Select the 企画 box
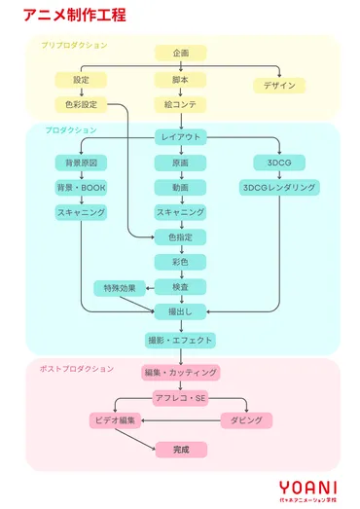[180, 53]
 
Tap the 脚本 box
[180, 79]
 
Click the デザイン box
[279, 86]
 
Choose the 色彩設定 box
[81, 104]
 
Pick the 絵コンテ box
[180, 104]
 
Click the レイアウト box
[180, 137]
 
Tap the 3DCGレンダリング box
[279, 187]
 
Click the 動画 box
[180, 187]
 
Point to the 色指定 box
[180, 236]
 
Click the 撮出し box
[180, 311]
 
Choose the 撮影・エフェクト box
[180, 341]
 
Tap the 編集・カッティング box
[180, 373]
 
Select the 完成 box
[180, 449]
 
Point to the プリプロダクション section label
[74, 46]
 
